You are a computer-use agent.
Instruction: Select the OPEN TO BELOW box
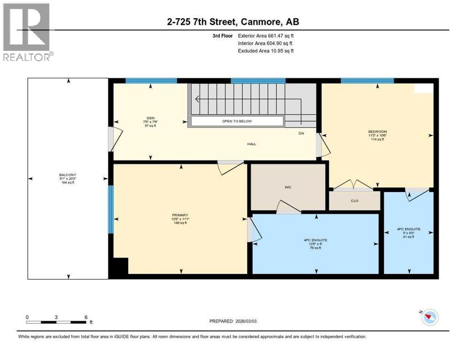237,121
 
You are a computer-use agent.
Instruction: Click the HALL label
252,144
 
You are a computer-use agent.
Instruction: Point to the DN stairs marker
302,134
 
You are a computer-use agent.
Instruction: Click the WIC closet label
288,187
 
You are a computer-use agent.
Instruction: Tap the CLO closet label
354,201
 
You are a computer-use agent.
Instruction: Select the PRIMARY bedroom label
180,219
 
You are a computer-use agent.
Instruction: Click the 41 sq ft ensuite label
408,233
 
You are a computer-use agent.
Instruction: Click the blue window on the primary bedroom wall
111,209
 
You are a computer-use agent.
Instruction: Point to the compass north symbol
429,317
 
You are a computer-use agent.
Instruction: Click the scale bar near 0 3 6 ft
56,322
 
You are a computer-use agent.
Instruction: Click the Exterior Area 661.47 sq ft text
266,35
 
